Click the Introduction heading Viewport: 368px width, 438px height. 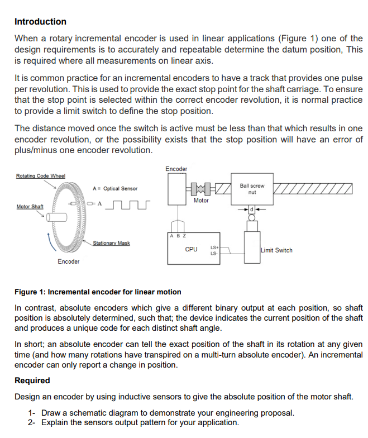pos(40,22)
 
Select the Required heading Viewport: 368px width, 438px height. pos(32,380)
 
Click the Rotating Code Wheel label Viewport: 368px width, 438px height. pos(40,176)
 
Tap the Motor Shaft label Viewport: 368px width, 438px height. pos(30,207)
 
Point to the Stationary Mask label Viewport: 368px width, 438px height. pos(111,243)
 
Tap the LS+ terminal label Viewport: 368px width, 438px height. pos(214,246)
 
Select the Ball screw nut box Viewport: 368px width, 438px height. pos(252,189)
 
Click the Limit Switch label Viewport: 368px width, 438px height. pos(276,250)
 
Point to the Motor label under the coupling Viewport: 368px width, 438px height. pos(201,200)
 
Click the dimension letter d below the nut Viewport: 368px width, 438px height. pos(252,210)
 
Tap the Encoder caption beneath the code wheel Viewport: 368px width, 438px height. pos(69,261)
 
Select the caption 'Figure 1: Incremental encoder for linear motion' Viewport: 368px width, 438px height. pos(98,292)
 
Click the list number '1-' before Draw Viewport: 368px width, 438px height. pos(32,413)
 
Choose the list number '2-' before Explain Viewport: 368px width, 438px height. pos(32,422)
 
